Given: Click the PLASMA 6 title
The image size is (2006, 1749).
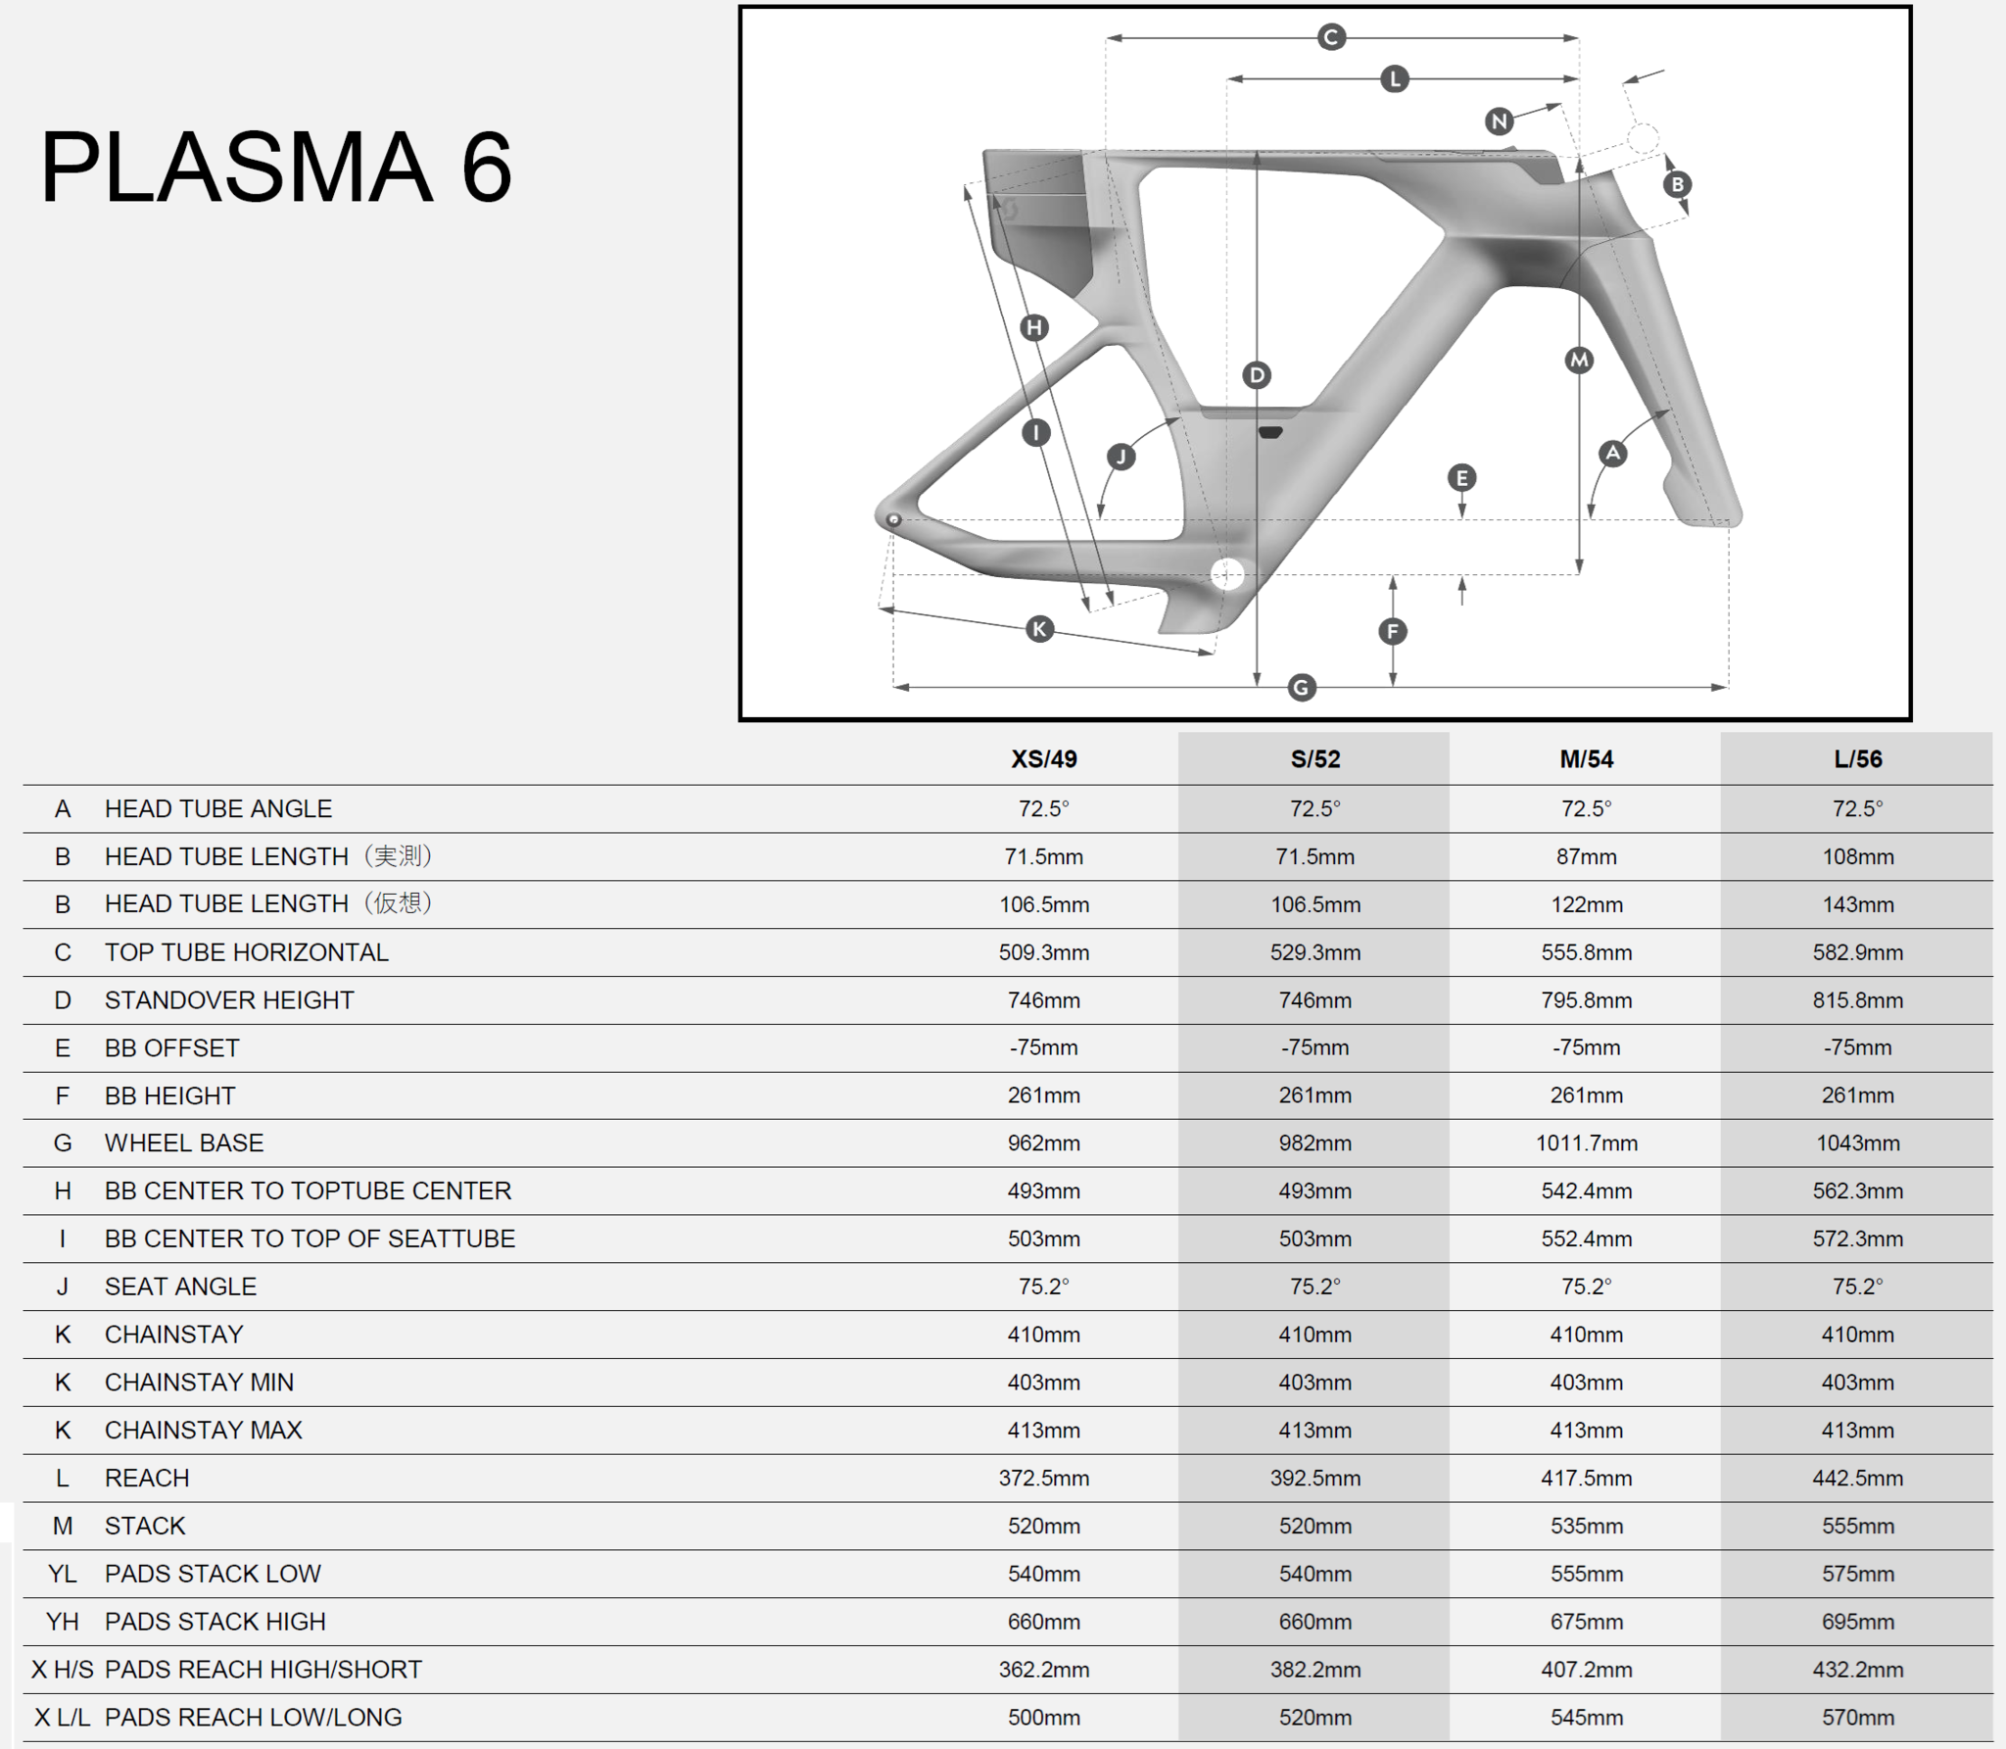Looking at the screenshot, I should pyautogui.click(x=275, y=168).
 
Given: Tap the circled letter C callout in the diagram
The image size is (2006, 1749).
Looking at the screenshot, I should pyautogui.click(x=1330, y=38).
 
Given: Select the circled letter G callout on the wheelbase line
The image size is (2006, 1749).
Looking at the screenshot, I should pyautogui.click(x=1301, y=687).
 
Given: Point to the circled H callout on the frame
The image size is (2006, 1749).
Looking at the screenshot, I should pyautogui.click(x=1034, y=327).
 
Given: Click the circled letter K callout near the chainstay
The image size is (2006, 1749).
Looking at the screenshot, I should pyautogui.click(x=1039, y=629).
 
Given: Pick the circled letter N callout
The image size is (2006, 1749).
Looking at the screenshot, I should pyautogui.click(x=1499, y=121).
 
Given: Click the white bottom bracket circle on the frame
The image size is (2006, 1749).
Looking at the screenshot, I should pyautogui.click(x=1227, y=574).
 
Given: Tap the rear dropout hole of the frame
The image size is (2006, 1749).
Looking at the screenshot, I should pyautogui.click(x=893, y=519).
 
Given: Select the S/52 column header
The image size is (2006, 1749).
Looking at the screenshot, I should pyautogui.click(x=1314, y=759).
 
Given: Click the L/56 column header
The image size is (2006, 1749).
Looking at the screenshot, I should pyautogui.click(x=1857, y=759).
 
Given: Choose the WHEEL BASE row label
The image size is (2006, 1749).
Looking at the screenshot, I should pyautogui.click(x=184, y=1142).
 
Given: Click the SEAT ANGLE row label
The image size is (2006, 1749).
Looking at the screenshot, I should pyautogui.click(x=180, y=1287).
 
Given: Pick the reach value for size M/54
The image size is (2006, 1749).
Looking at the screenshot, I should pyautogui.click(x=1586, y=1478).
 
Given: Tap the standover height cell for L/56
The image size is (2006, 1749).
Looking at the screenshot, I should pyautogui.click(x=1857, y=1000).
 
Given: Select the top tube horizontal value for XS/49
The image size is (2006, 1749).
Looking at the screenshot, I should pyautogui.click(x=1043, y=952).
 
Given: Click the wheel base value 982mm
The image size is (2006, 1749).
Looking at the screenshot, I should pyautogui.click(x=1314, y=1142).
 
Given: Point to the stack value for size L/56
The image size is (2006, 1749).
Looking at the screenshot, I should pyautogui.click(x=1857, y=1526).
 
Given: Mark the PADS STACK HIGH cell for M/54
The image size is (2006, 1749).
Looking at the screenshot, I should pyautogui.click(x=1586, y=1622).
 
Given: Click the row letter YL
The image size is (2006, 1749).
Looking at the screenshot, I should pyautogui.click(x=62, y=1574).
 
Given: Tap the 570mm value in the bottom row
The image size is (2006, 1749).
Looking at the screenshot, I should pyautogui.click(x=1857, y=1718).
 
